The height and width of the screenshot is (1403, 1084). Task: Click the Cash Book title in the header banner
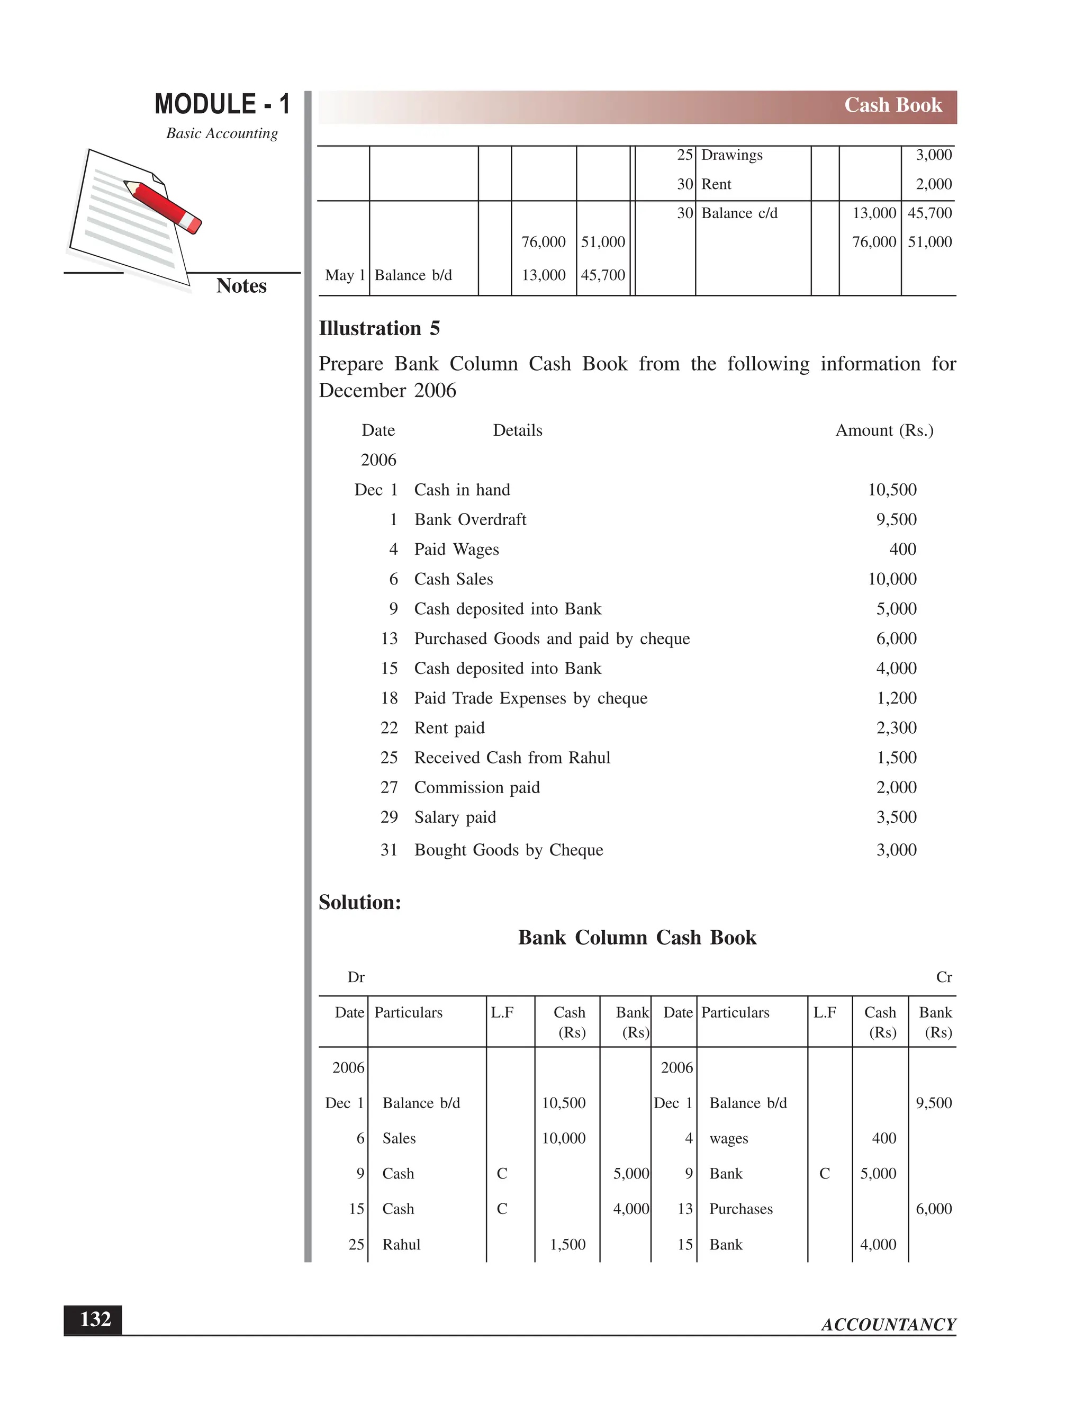point(892,105)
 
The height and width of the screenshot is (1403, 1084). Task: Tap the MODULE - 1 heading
point(222,104)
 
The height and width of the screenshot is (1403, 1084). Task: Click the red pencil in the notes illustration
point(163,206)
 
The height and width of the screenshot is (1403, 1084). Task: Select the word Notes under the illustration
point(241,286)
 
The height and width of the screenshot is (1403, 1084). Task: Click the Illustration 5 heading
point(379,328)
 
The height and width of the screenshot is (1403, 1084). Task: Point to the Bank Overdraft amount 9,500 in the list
point(896,520)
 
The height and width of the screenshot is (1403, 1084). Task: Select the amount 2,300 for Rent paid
point(896,728)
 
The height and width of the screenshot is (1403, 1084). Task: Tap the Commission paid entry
point(476,788)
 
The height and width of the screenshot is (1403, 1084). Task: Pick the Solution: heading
point(359,903)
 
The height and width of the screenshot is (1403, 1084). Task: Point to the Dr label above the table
point(356,978)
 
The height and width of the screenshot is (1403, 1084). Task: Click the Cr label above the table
point(943,978)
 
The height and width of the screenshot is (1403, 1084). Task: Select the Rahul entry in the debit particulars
point(401,1245)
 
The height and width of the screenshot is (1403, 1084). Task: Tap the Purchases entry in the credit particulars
point(740,1209)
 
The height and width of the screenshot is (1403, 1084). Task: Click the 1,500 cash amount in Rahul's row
point(568,1245)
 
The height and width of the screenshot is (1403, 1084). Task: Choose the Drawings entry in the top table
point(731,156)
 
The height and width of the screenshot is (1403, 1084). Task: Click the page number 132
point(95,1319)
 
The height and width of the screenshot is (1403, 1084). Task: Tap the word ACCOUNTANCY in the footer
point(888,1325)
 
